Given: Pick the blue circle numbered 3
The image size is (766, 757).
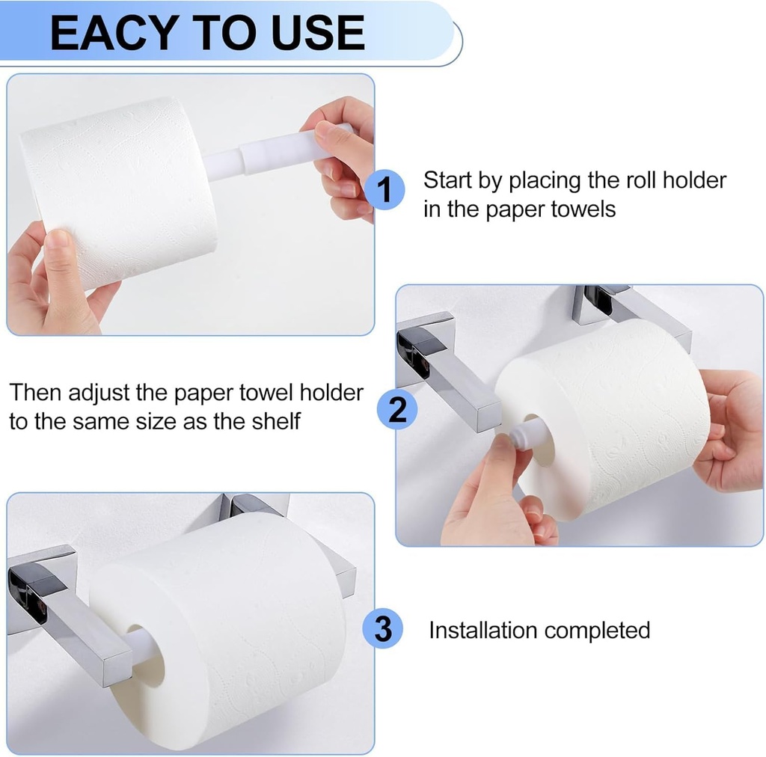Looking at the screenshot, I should tap(382, 629).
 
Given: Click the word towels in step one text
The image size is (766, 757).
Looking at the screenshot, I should tap(580, 209).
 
